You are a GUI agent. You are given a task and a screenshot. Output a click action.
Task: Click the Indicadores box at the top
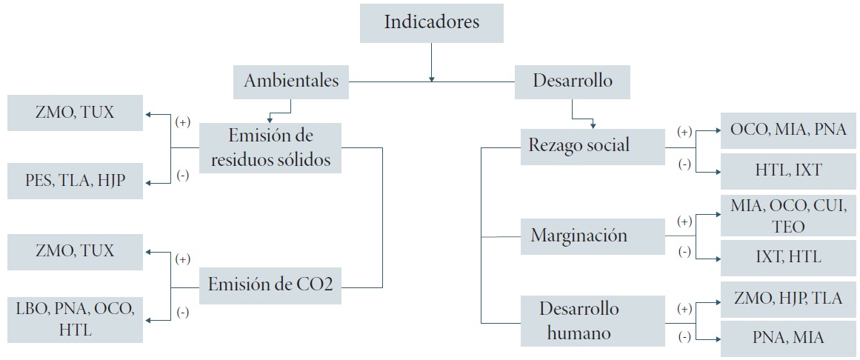pyautogui.click(x=431, y=22)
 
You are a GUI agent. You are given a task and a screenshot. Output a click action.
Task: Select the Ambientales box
pyautogui.click(x=291, y=81)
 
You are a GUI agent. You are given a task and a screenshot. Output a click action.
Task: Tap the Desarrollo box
pyautogui.click(x=573, y=81)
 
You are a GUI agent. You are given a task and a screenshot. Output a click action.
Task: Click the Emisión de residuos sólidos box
pyautogui.click(x=270, y=147)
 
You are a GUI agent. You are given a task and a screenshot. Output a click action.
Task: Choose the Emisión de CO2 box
pyautogui.click(x=270, y=284)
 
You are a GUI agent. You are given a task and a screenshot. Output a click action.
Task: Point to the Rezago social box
pyautogui.click(x=579, y=145)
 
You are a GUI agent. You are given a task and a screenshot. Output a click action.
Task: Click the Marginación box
pyautogui.click(x=579, y=236)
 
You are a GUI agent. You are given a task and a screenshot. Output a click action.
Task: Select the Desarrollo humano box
pyautogui.click(x=579, y=320)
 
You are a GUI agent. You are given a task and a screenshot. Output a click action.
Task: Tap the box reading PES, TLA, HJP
pyautogui.click(x=75, y=181)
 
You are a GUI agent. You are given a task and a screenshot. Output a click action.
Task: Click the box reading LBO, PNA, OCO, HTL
pyautogui.click(x=75, y=319)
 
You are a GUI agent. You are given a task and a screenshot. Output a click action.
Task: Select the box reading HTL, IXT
pyautogui.click(x=787, y=170)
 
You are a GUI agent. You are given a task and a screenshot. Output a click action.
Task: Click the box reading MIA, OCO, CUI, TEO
pyautogui.click(x=787, y=217)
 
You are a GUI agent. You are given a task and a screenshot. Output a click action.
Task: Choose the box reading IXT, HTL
pyautogui.click(x=787, y=258)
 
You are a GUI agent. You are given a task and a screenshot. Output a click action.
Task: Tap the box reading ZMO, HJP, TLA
pyautogui.click(x=787, y=299)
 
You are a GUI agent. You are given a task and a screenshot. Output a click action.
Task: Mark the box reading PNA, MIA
pyautogui.click(x=787, y=339)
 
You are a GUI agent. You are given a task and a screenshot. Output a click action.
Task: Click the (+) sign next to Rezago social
pyautogui.click(x=684, y=132)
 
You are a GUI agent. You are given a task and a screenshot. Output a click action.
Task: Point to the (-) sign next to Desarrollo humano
pyautogui.click(x=684, y=337)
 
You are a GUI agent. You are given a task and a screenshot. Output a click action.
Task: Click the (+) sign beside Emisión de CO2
pyautogui.click(x=182, y=259)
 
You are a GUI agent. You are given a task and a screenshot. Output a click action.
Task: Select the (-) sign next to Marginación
pyautogui.click(x=684, y=252)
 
